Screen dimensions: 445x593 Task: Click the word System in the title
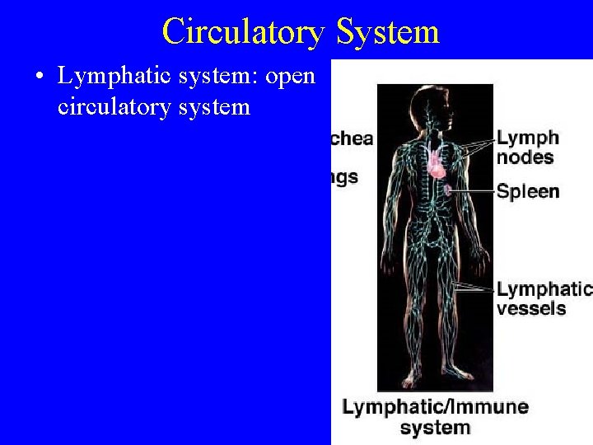(x=387, y=32)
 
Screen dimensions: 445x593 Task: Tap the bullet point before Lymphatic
(x=39, y=77)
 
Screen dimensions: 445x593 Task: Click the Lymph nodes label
(x=527, y=147)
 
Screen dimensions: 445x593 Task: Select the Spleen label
(x=527, y=192)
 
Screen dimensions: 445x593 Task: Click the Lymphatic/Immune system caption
(x=435, y=416)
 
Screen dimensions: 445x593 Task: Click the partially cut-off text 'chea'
(x=352, y=138)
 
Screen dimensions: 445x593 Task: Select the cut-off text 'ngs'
(x=345, y=176)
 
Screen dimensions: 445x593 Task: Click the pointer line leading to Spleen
(x=474, y=191)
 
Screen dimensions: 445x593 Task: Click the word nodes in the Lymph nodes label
(x=525, y=157)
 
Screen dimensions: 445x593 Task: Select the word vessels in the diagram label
(x=531, y=309)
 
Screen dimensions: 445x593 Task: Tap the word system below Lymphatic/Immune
(x=435, y=428)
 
